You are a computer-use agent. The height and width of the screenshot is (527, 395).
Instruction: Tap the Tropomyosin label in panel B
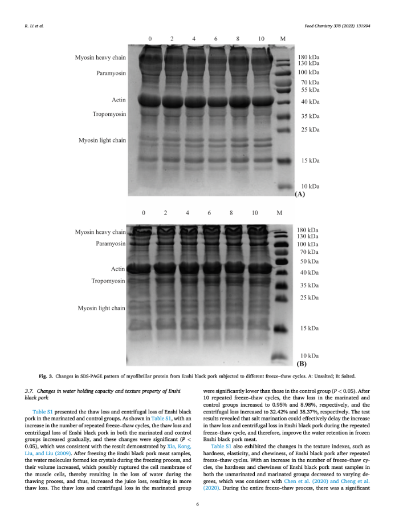(108, 281)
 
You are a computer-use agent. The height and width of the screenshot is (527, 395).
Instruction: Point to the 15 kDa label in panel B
(310, 329)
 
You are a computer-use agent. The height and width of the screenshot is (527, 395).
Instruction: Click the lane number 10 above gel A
(260, 39)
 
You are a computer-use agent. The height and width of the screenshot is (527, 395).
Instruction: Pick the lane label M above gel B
(279, 213)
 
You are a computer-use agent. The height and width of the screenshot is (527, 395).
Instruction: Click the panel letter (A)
(300, 194)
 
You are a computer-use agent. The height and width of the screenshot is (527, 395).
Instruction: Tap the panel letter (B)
(302, 363)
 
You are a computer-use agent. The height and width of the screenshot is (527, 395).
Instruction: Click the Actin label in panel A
(119, 100)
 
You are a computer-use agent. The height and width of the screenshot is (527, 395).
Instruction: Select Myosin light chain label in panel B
(101, 308)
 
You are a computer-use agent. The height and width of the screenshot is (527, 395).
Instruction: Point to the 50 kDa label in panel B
(310, 261)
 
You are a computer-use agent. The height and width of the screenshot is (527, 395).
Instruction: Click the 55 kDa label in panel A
(310, 90)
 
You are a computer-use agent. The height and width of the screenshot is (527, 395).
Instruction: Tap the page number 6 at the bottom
(197, 504)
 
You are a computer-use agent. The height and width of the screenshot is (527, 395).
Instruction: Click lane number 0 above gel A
(150, 39)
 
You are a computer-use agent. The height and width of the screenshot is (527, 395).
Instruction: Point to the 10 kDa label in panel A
(310, 187)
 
